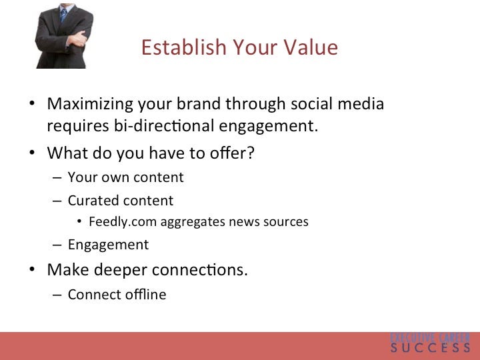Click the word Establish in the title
[x=183, y=47]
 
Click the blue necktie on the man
[x=63, y=15]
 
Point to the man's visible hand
[x=77, y=39]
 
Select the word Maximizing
[x=90, y=104]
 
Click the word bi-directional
[x=164, y=125]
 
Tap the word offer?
[x=232, y=152]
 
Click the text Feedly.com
[x=123, y=221]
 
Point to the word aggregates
[x=193, y=222]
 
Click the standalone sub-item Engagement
[x=109, y=245]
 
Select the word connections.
[x=199, y=270]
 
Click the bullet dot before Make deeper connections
[x=32, y=269]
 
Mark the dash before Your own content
[x=57, y=178]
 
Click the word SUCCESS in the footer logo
[x=430, y=348]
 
